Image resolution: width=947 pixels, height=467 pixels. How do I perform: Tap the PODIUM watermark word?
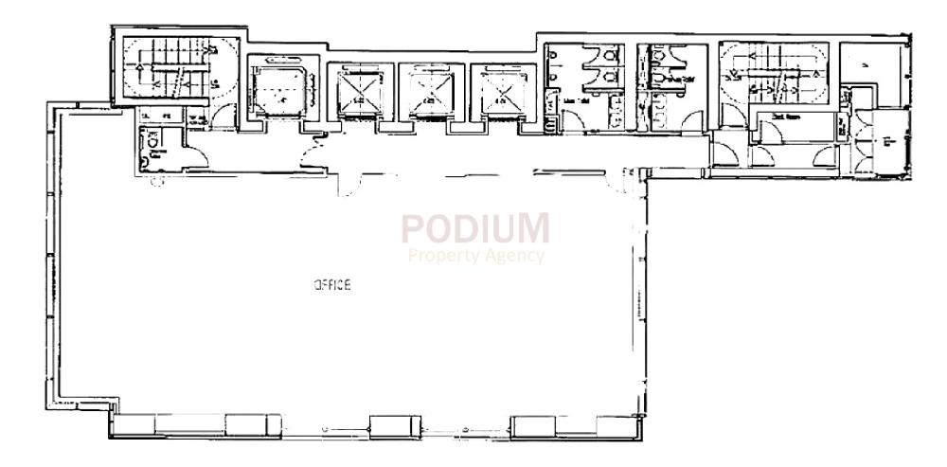tap(475, 229)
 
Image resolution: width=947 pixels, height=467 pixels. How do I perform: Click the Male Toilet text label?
tap(578, 99)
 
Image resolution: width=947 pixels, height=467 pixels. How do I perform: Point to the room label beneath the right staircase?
tap(788, 116)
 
